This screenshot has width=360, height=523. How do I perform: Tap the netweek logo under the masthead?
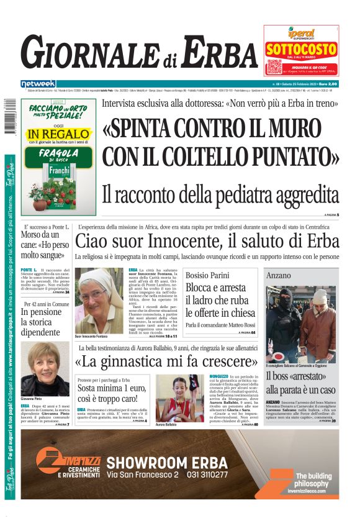click(38, 84)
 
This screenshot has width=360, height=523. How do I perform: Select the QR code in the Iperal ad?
click(274, 67)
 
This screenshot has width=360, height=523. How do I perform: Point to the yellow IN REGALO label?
click(58, 134)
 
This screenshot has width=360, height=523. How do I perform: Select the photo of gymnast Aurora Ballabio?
click(171, 397)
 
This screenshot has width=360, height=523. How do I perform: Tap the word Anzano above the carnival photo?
click(279, 275)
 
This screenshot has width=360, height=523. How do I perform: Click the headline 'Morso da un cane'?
click(42, 244)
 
